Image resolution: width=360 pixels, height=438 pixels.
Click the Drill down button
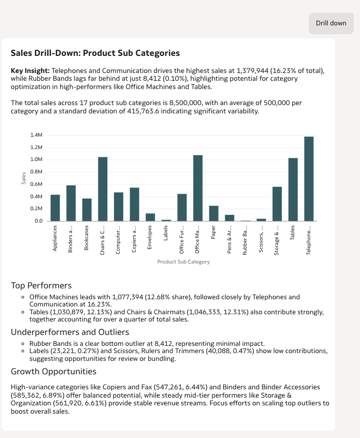pyautogui.click(x=331, y=23)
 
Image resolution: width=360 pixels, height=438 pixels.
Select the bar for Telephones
pyautogui.click(x=309, y=179)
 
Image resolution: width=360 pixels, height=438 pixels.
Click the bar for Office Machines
pyautogui.click(x=198, y=188)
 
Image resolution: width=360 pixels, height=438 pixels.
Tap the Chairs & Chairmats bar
pyautogui.click(x=103, y=189)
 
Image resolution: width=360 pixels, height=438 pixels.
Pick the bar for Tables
pyautogui.click(x=293, y=189)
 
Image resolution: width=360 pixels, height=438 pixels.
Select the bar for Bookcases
pyautogui.click(x=87, y=210)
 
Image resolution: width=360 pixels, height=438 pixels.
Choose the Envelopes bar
pyautogui.click(x=150, y=217)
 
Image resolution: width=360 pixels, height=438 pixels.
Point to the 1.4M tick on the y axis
pyautogui.click(x=36, y=135)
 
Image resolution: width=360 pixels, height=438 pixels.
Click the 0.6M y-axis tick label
pyautogui.click(x=36, y=184)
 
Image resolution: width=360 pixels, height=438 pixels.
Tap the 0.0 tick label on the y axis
pyautogui.click(x=38, y=221)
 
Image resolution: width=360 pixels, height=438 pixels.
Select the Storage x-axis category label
pyautogui.click(x=277, y=239)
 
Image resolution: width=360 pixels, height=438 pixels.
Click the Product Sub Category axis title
pyautogui.click(x=183, y=262)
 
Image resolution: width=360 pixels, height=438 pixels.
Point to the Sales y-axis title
pyautogui.click(x=24, y=178)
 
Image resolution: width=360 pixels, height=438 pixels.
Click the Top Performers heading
pyautogui.click(x=41, y=286)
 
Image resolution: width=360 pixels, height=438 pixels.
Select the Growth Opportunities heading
pyautogui.click(x=53, y=371)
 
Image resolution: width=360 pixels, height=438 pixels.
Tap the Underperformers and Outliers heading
pyautogui.click(x=70, y=332)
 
